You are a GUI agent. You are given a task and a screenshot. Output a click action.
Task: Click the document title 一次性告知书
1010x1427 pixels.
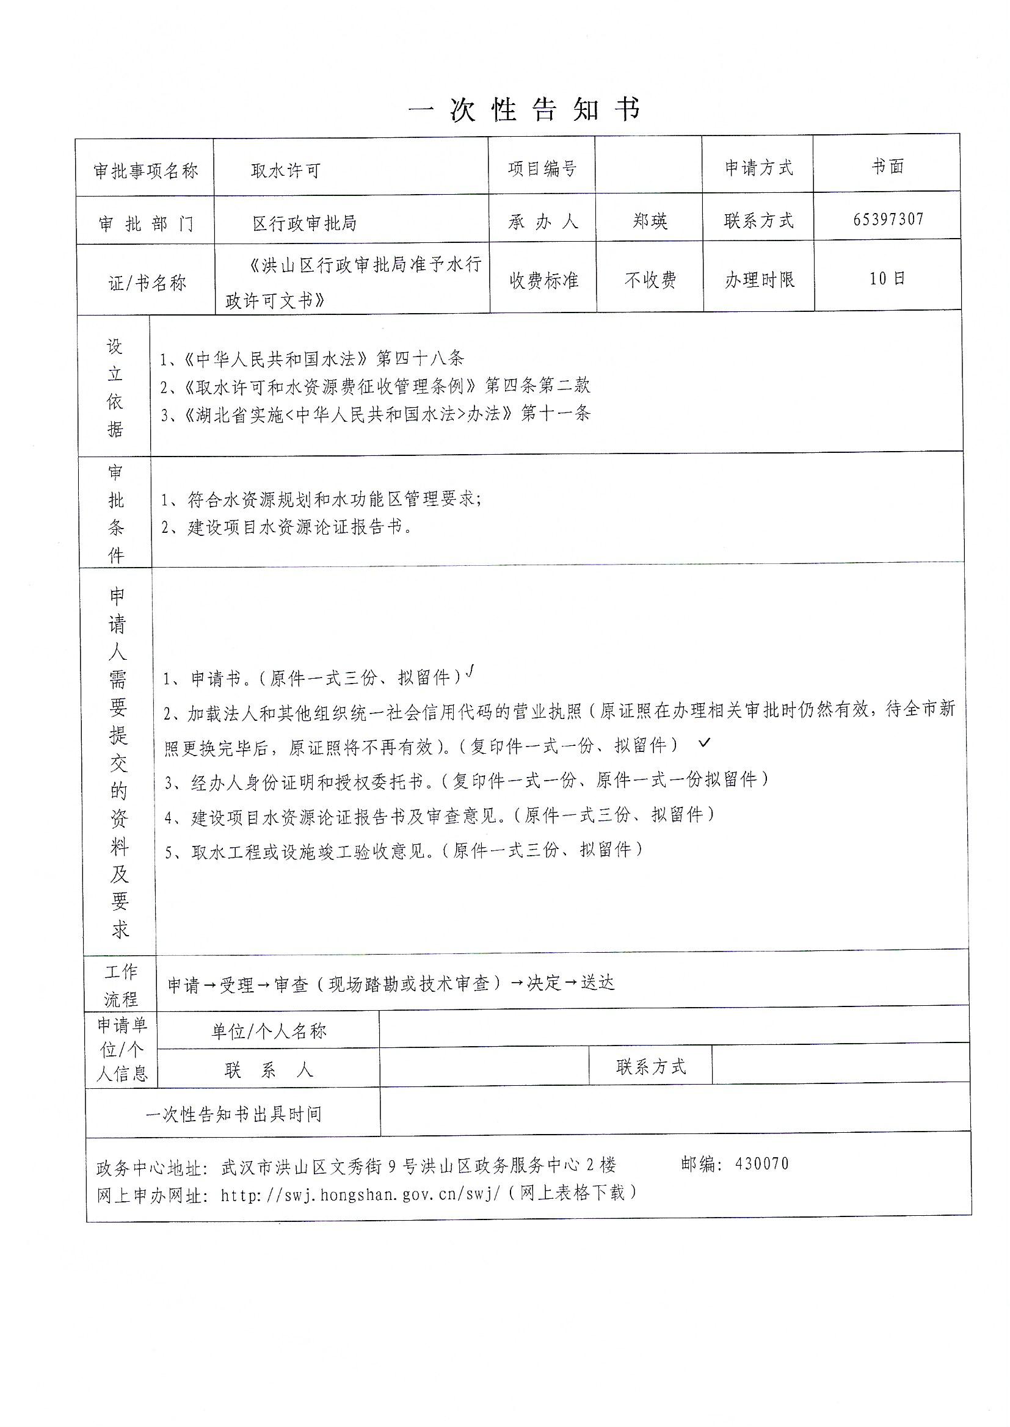pos(525,110)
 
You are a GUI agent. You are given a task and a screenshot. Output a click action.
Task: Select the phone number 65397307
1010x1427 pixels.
pos(888,219)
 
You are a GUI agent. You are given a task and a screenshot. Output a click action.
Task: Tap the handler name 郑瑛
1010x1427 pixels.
pos(649,220)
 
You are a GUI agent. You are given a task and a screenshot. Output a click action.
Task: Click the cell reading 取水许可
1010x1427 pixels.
pos(285,170)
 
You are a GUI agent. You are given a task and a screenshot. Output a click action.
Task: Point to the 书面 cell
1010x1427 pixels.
pos(887,166)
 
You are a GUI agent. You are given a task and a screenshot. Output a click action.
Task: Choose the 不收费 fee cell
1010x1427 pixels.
pos(650,280)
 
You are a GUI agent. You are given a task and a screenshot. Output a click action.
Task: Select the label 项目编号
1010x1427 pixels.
pos(542,168)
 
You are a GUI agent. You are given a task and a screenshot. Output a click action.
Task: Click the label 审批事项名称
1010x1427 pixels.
pos(145,170)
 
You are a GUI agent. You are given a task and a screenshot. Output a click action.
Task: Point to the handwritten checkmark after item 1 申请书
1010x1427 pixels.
pos(471,671)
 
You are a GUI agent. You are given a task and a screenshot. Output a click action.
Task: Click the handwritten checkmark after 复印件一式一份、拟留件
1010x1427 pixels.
pos(703,742)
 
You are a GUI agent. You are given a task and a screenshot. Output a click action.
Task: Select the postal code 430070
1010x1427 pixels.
pos(761,1163)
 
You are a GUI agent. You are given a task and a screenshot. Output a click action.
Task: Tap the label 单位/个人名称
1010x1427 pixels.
pos(269,1032)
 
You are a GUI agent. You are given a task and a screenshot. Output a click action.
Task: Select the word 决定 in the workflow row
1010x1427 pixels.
pos(544,983)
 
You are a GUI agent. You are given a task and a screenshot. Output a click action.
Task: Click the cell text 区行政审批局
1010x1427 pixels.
pos(304,223)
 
